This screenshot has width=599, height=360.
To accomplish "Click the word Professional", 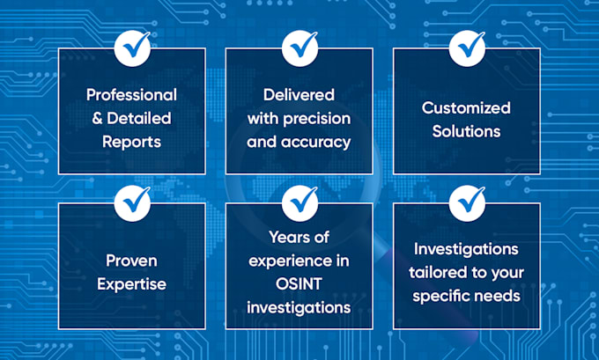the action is (x=131, y=95).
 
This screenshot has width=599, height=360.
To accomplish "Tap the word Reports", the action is (x=131, y=142).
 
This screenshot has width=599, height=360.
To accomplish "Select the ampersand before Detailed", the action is (x=97, y=118).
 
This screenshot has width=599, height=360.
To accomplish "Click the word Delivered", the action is (x=299, y=95).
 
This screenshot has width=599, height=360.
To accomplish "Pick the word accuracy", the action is (x=315, y=143).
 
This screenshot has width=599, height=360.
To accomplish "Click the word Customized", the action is (x=466, y=107).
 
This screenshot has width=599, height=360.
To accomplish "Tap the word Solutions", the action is (x=466, y=131).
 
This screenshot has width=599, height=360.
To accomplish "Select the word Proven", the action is (x=131, y=261).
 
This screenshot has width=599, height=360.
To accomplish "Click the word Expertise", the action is (x=131, y=284).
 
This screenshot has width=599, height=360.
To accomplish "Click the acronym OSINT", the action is (x=299, y=284).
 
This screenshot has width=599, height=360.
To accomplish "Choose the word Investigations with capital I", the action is (x=466, y=249).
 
